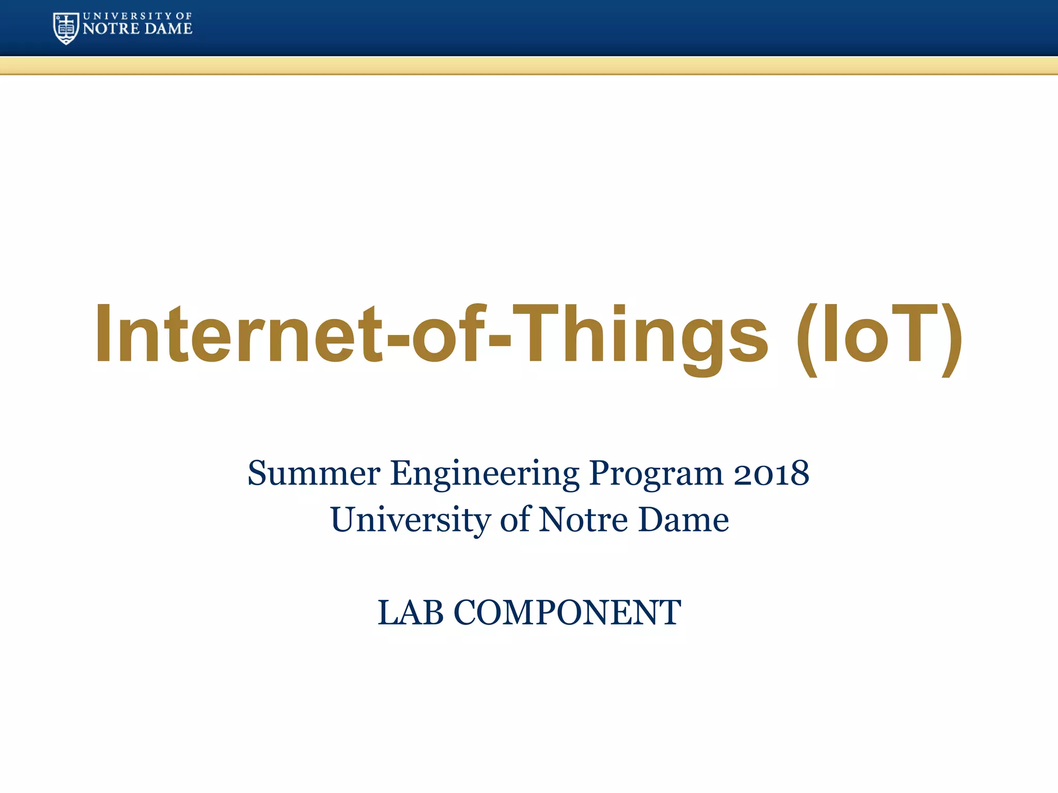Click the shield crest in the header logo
[x=66, y=28]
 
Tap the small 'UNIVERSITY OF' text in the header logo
[x=137, y=16]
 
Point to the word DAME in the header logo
[x=168, y=29]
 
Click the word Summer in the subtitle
[x=314, y=473]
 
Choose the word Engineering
[x=485, y=474]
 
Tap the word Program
[x=656, y=474]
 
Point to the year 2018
[x=771, y=473]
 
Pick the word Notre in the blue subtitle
[x=584, y=519]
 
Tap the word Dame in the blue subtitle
[x=683, y=519]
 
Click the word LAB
[x=411, y=613]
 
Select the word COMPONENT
[x=567, y=613]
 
